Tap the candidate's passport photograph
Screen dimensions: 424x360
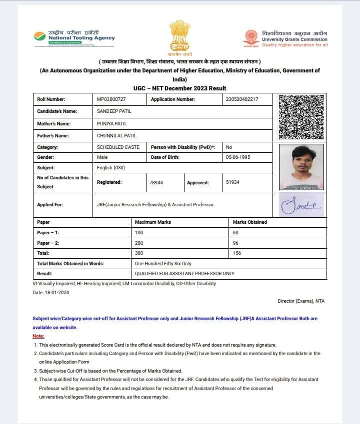click(x=301, y=167)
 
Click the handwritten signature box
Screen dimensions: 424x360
click(x=301, y=204)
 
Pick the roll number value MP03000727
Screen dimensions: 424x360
click(x=111, y=99)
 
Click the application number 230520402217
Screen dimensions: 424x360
click(x=242, y=99)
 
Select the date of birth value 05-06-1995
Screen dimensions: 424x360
click(x=237, y=157)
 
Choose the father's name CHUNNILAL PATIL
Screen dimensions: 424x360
click(x=116, y=135)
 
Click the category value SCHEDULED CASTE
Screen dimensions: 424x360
click(x=118, y=147)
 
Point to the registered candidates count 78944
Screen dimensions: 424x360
click(x=156, y=182)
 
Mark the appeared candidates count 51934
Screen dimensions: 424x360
click(x=232, y=182)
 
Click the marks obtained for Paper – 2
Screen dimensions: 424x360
click(x=236, y=243)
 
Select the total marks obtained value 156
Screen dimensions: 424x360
click(x=237, y=253)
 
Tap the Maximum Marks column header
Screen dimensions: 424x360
click(x=153, y=222)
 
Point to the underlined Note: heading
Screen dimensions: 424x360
click(x=38, y=336)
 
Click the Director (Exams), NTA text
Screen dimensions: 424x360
click(x=301, y=301)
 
